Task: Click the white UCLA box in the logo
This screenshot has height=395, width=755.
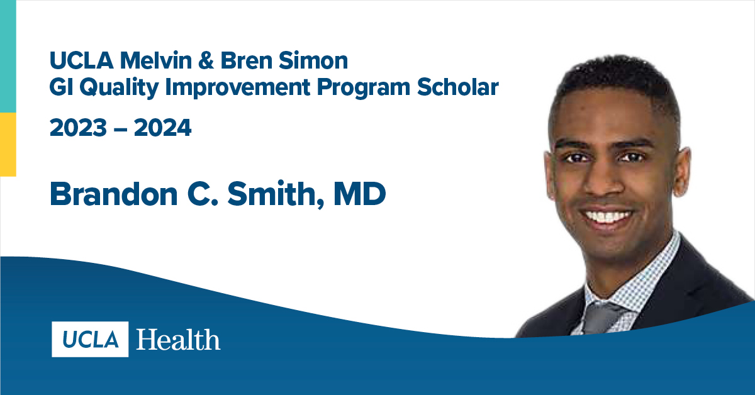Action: (x=90, y=339)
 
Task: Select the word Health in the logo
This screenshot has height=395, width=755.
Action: (x=178, y=340)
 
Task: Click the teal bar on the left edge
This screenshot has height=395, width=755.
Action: (x=8, y=57)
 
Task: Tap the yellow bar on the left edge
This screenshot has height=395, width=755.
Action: (x=8, y=145)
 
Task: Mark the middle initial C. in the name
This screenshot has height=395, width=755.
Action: (x=210, y=195)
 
